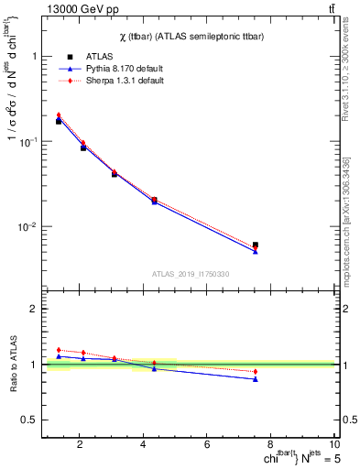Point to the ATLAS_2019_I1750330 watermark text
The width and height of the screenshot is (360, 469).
(191, 274)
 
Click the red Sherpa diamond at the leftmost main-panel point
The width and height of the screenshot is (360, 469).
(59, 115)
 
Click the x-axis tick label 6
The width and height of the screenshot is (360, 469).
(209, 446)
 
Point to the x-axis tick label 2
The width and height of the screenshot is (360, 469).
(82, 446)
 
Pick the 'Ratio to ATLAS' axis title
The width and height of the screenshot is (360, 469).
(11, 365)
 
